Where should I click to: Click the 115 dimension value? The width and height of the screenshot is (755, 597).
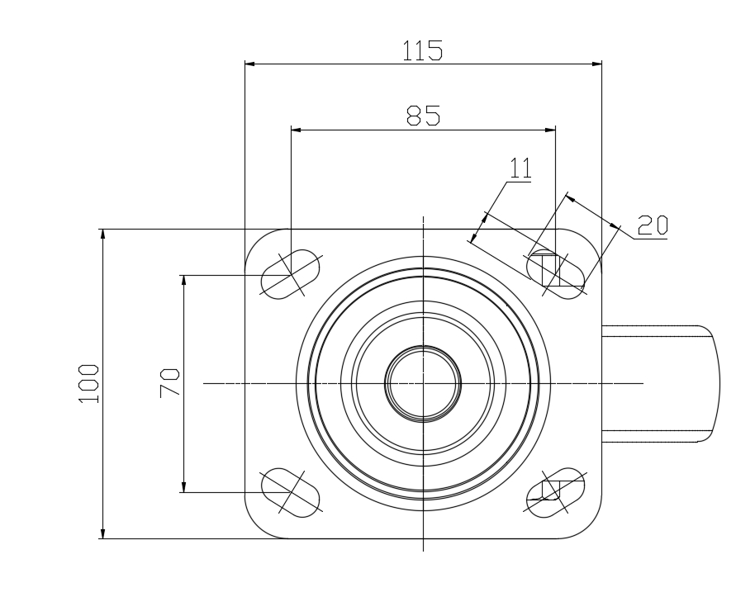click(422, 50)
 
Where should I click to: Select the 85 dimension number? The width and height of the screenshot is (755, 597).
click(423, 116)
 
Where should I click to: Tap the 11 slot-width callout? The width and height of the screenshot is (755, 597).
click(520, 168)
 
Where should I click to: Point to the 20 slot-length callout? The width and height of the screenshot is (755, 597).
click(653, 225)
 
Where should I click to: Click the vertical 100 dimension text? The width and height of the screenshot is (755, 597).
click(88, 384)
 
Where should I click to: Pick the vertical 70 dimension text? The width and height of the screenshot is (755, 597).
click(169, 383)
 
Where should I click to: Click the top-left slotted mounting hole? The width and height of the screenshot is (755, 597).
click(290, 274)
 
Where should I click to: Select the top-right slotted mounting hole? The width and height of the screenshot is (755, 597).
click(556, 274)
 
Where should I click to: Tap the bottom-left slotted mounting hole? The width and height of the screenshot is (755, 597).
click(290, 492)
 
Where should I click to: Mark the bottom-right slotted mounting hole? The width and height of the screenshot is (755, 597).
click(556, 492)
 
